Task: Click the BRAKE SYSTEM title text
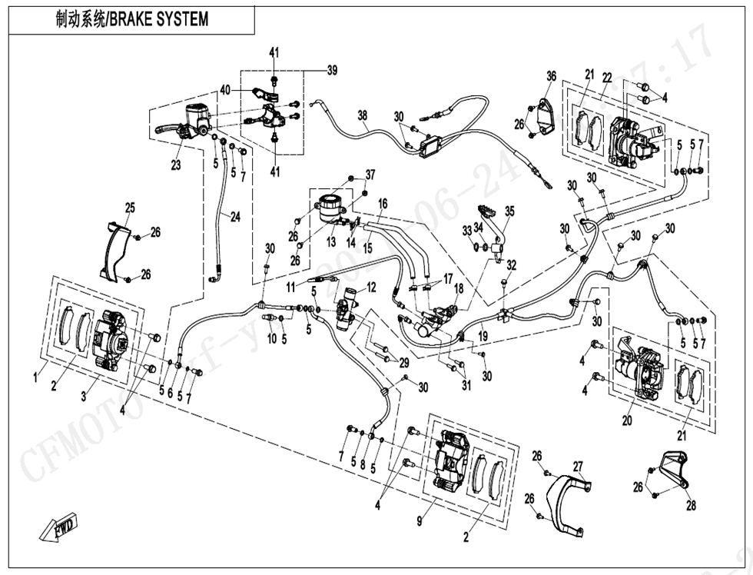click(x=132, y=19)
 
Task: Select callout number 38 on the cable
click(x=363, y=115)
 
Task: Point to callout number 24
click(x=235, y=217)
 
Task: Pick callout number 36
click(x=551, y=75)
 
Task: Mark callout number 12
click(x=371, y=287)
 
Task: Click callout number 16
click(x=382, y=204)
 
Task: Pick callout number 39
click(x=332, y=71)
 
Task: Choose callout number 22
click(x=607, y=78)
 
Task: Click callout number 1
click(x=35, y=376)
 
